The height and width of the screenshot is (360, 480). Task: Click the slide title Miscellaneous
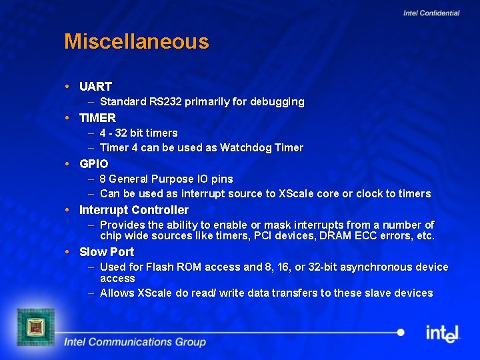136,42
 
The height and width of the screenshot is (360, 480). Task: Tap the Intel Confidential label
431,13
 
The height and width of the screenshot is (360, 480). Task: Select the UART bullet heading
95,87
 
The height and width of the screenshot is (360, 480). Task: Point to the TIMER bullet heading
97,118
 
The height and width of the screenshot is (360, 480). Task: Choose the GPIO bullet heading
93,164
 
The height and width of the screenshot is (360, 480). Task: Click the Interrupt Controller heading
133,210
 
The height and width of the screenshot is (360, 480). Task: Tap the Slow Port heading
107,252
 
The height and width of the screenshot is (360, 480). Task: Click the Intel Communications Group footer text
135,342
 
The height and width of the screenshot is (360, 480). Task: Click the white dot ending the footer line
400,332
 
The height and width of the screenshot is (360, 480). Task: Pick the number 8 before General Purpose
103,179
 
